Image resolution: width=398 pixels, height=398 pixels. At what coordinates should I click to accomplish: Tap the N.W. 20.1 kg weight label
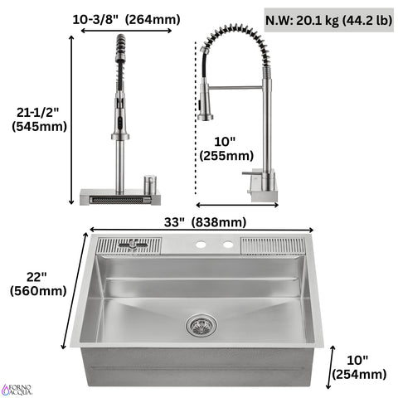point(329,19)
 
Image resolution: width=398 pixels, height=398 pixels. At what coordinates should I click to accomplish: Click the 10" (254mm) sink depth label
point(359,366)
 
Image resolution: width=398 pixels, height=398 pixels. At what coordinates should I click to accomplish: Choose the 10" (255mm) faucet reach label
point(226,148)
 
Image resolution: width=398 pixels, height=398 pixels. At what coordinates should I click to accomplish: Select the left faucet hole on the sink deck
point(201,245)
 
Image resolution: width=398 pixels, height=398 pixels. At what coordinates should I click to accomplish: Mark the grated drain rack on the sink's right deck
point(276,245)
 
